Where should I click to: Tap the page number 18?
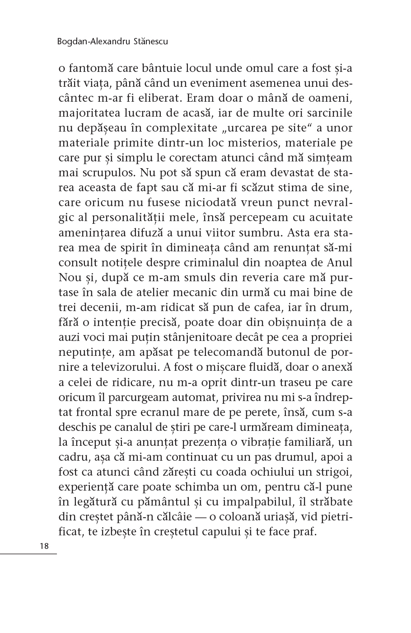[44, 546]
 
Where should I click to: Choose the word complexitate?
[172, 128]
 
